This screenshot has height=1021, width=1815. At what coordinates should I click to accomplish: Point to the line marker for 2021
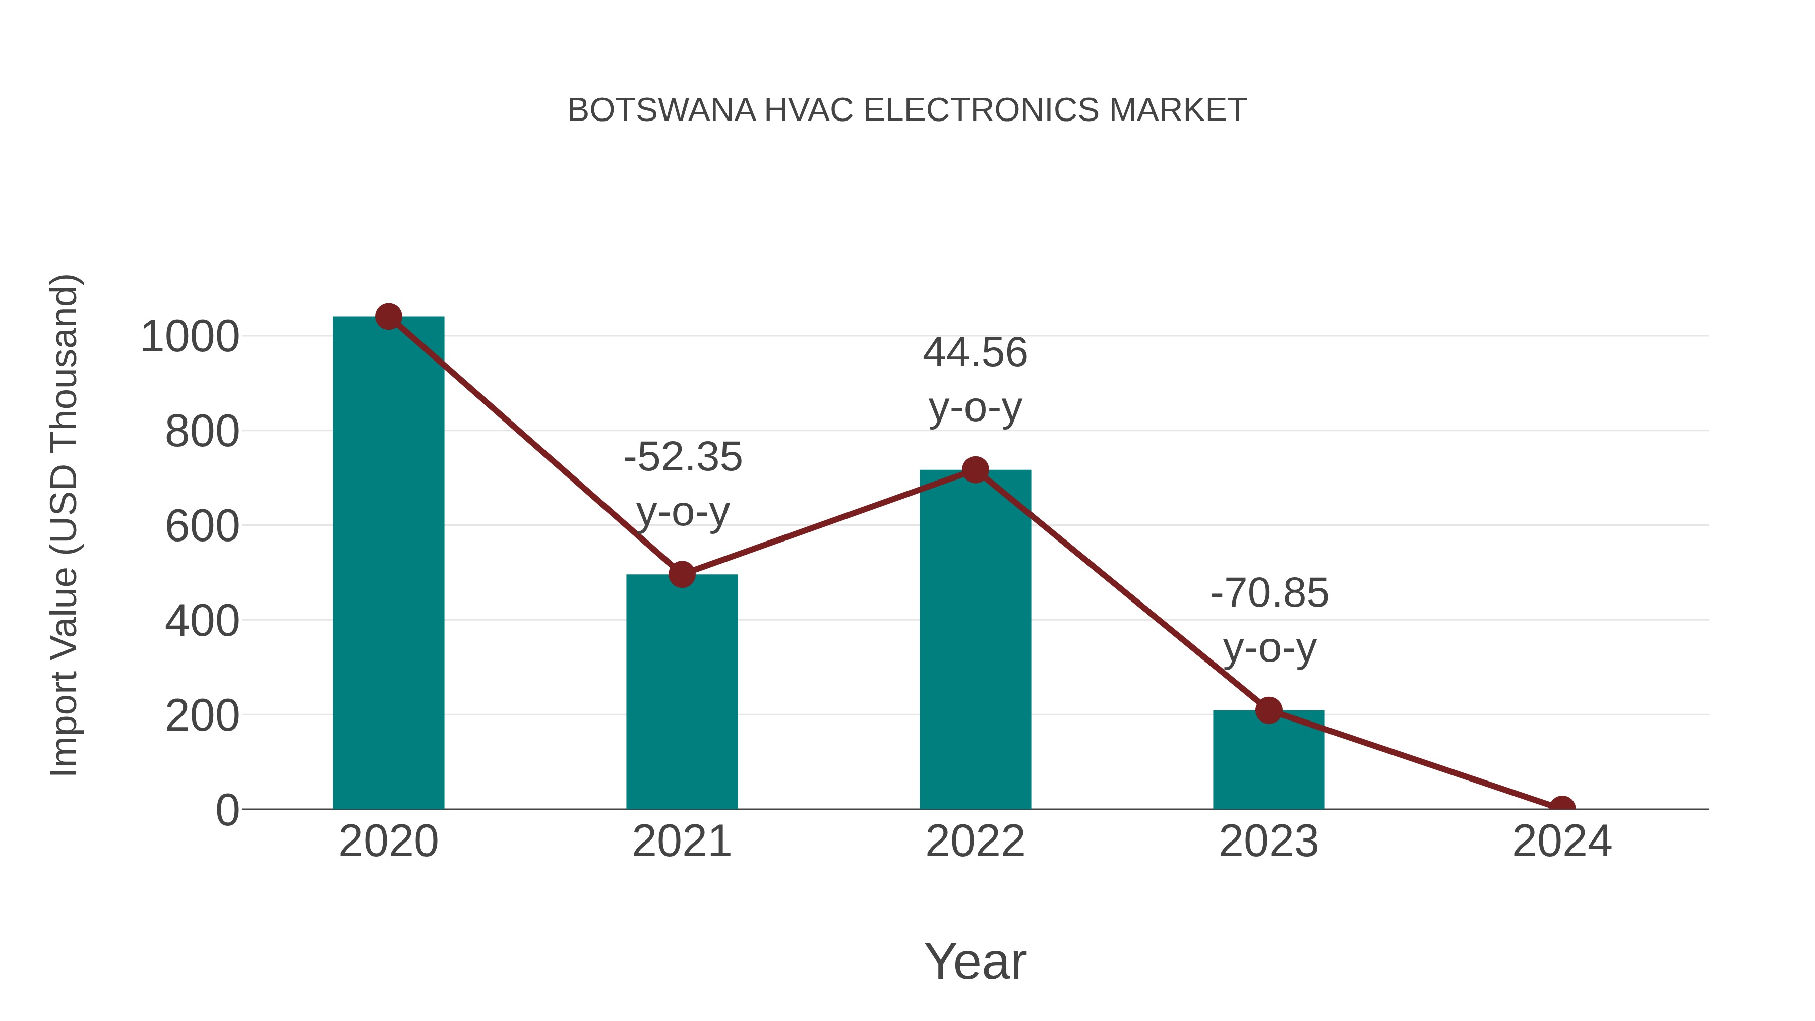[681, 574]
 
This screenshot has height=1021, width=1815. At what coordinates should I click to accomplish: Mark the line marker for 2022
[975, 469]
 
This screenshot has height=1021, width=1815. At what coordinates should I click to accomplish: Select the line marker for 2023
[1268, 710]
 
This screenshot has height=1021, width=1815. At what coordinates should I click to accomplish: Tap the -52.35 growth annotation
[683, 484]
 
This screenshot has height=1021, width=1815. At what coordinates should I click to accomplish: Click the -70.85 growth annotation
[1269, 620]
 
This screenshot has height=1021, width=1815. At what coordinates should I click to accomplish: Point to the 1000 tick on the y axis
[190, 337]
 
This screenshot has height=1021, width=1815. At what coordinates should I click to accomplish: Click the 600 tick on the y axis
[202, 526]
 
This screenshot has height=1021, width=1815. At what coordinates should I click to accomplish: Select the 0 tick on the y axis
[227, 810]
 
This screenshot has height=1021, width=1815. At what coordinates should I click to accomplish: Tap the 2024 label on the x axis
[1562, 842]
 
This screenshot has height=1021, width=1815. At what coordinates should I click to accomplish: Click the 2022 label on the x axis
[975, 842]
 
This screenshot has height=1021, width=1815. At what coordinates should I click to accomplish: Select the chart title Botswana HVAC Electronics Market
[907, 110]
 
